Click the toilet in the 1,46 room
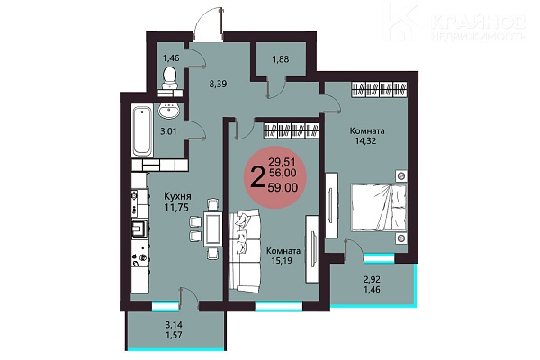tap(169, 78)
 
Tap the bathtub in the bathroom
tap(142, 130)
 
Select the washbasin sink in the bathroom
tap(168, 111)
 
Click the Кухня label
tap(177, 197)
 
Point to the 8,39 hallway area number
tap(218, 84)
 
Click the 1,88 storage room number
tap(281, 59)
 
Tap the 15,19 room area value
tap(282, 260)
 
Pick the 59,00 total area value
tap(284, 187)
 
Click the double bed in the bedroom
tap(379, 208)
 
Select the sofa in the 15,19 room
tap(245, 250)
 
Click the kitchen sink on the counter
tap(139, 228)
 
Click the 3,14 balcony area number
tap(174, 325)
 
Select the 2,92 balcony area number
tap(373, 279)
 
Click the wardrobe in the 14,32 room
tap(380, 90)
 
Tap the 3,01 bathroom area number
tap(168, 130)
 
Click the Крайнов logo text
tap(479, 22)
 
